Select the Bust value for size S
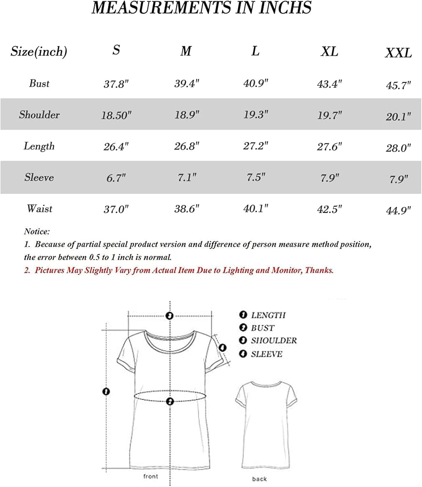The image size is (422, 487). point(116,84)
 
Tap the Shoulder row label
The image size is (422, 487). point(40,115)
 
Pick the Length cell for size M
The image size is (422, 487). point(185,146)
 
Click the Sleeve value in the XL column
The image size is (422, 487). point(330,177)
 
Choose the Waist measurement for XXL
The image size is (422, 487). point(398,210)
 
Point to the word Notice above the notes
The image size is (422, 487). point(37,232)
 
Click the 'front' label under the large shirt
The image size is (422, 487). point(150,476)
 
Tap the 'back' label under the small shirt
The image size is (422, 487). point(260,479)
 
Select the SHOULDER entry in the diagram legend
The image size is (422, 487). point(274,341)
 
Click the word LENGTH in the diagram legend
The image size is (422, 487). point(268,316)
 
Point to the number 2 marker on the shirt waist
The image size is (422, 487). point(170,401)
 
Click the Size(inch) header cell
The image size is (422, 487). point(39,52)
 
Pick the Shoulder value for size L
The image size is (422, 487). point(255,115)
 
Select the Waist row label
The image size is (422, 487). point(40,209)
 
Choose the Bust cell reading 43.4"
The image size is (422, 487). point(330,84)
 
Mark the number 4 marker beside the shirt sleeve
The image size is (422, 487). point(222,348)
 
